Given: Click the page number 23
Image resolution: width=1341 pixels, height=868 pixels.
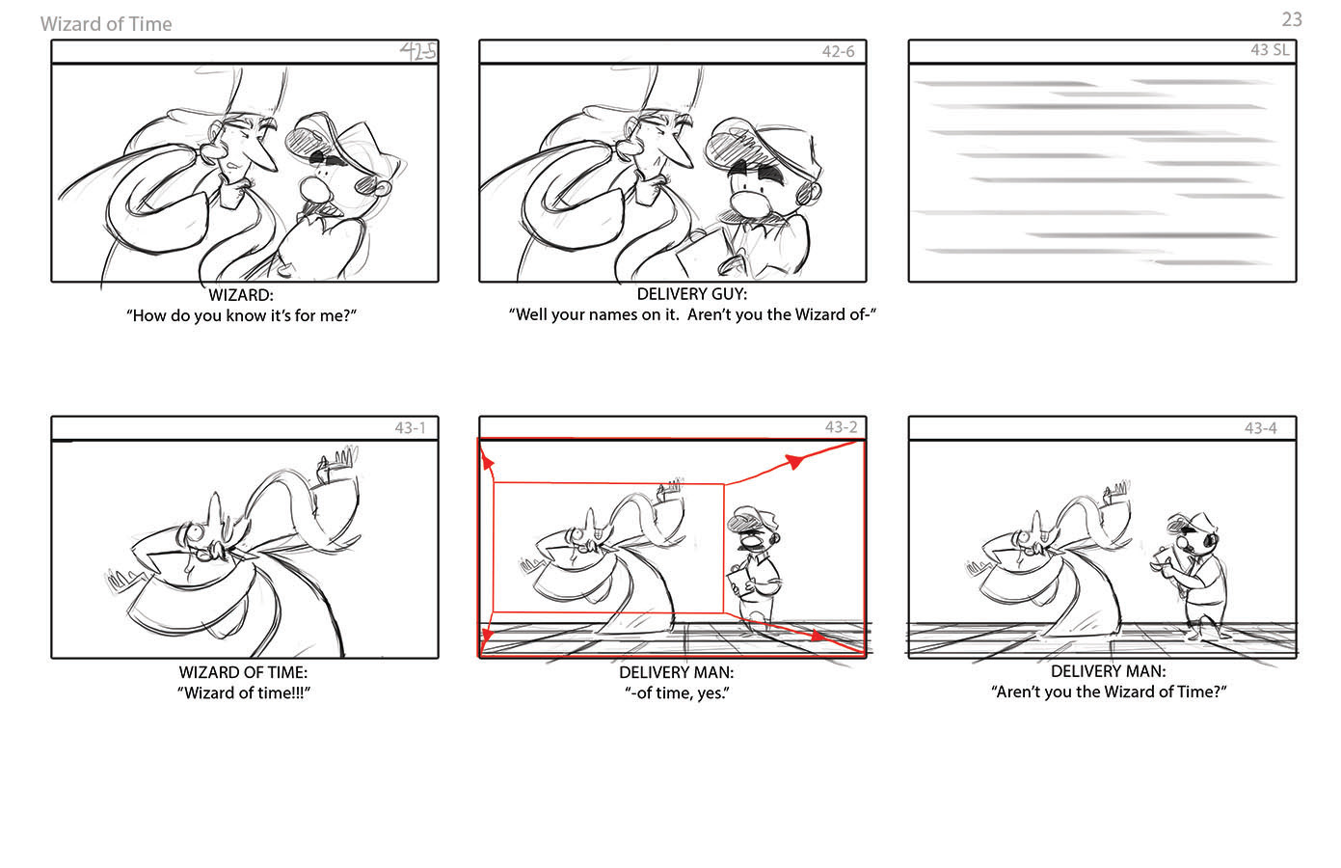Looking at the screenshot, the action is click(x=1292, y=19).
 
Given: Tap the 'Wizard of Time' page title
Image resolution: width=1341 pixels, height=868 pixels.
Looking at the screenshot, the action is click(x=106, y=24).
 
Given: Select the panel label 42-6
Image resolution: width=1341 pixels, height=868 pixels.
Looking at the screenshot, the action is click(x=838, y=51).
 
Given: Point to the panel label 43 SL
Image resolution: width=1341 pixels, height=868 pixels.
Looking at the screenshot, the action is click(x=1270, y=50).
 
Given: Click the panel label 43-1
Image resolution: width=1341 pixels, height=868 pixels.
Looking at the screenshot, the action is click(x=410, y=427).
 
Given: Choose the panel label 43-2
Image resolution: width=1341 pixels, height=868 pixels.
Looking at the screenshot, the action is click(x=841, y=427).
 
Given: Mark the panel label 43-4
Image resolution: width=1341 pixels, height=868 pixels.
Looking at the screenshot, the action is click(x=1261, y=428).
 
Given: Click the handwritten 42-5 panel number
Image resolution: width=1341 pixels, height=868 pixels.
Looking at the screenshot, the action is click(x=417, y=51).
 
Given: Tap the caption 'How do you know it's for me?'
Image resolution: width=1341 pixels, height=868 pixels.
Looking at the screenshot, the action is click(x=241, y=315).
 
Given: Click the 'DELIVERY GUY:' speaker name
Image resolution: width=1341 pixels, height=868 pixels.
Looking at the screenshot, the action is click(x=692, y=294).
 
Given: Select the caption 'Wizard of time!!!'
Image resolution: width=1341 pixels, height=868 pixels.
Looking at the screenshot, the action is click(x=244, y=693).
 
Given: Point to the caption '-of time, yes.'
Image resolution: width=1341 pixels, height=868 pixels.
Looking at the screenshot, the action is click(x=677, y=693).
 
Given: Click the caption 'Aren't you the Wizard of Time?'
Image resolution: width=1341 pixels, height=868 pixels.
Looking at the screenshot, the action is click(x=1109, y=692).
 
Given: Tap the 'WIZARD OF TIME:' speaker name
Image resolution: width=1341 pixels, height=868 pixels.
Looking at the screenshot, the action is click(x=243, y=672).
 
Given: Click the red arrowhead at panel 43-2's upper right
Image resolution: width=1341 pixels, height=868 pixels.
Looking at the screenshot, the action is click(x=793, y=461).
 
